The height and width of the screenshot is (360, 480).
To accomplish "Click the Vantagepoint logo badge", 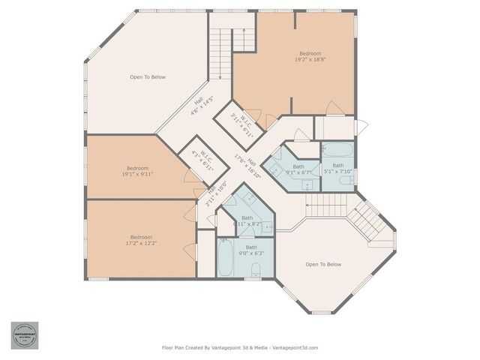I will [x=24, y=335].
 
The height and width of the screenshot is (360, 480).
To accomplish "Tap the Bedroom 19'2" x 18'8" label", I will [x=310, y=58].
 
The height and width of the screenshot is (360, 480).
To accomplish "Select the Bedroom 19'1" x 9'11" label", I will [x=137, y=171].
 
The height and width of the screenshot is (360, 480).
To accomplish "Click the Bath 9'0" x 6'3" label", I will [x=251, y=250].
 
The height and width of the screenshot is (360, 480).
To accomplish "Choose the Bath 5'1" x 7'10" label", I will [x=338, y=169].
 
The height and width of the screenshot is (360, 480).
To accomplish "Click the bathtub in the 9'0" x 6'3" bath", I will [x=226, y=257].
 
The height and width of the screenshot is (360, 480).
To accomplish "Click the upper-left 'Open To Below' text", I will [x=148, y=77].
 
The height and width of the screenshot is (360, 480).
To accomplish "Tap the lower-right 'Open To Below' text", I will [x=323, y=264].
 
